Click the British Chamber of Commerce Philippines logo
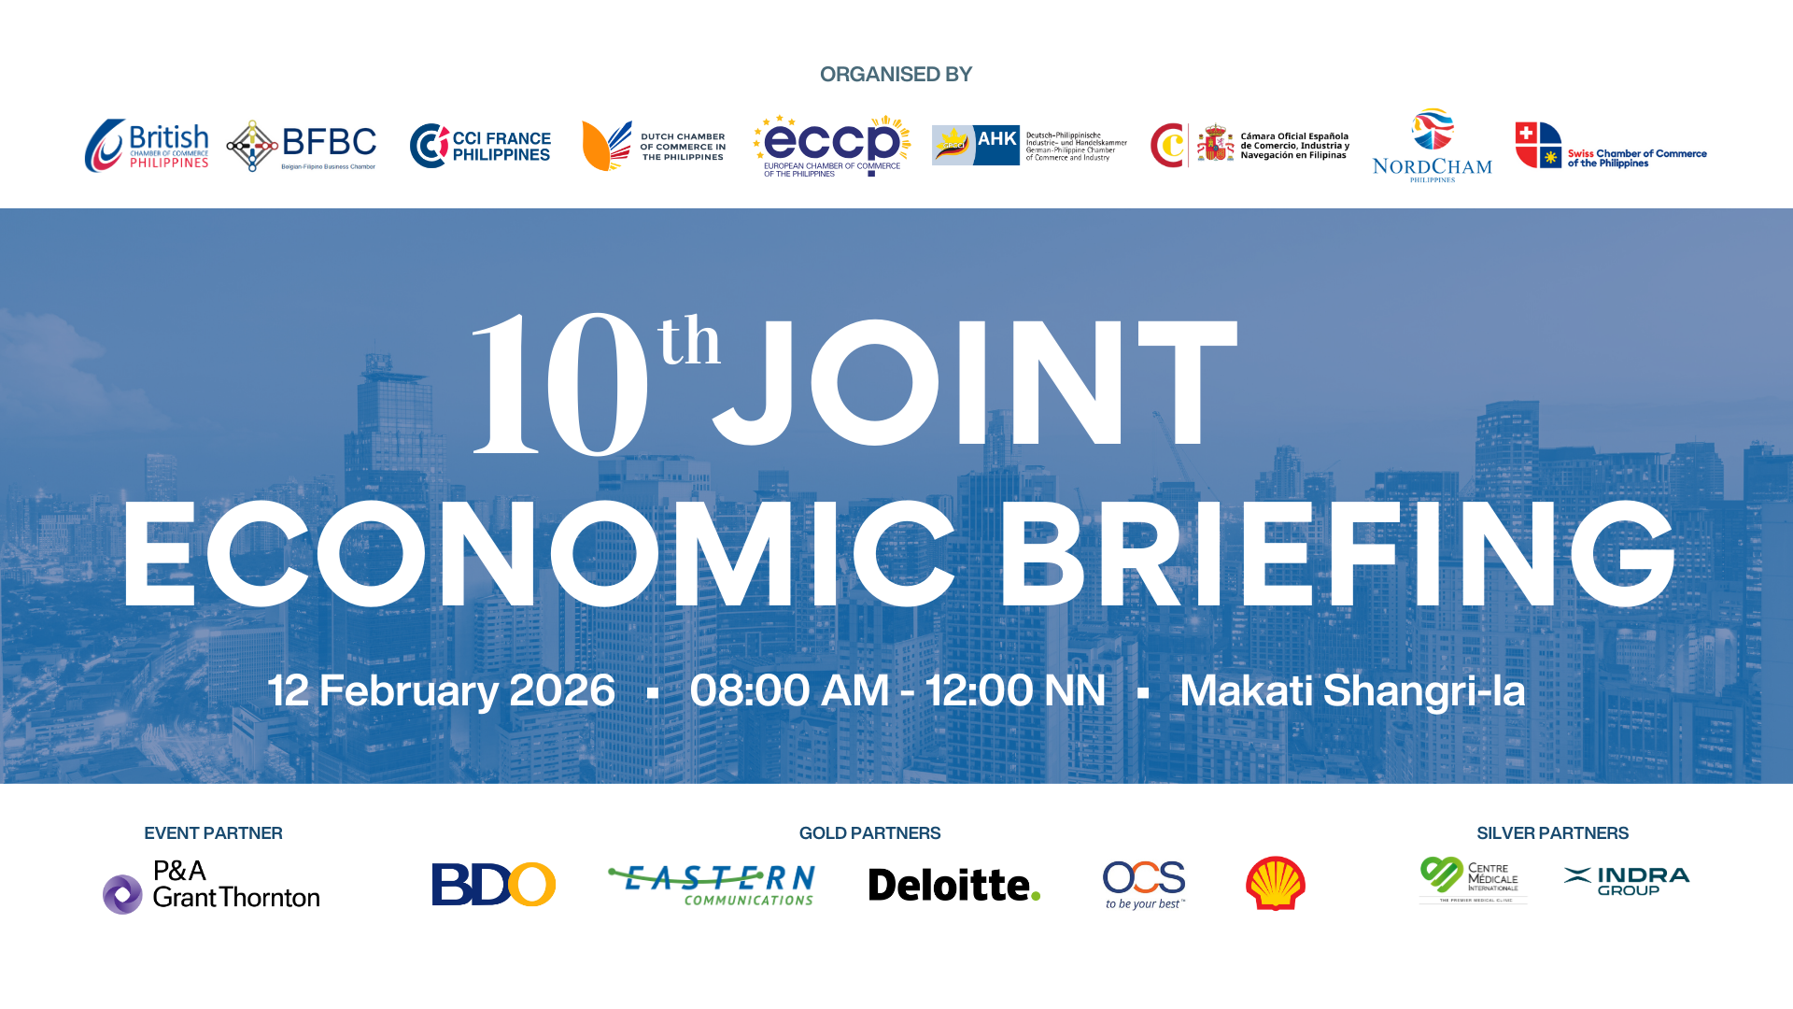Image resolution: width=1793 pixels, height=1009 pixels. point(147,146)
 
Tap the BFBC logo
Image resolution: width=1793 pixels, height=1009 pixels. point(302,146)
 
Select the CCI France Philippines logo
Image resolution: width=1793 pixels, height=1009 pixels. point(480,146)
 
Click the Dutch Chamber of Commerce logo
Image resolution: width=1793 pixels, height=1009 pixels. point(654,146)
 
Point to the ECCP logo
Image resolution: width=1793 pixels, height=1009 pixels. point(831,146)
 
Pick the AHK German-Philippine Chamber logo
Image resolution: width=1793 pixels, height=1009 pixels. point(1029,146)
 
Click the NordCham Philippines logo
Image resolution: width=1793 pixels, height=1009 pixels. point(1432,146)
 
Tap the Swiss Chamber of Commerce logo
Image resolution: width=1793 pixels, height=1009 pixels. point(1610,147)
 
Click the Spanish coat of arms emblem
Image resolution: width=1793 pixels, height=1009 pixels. point(1215,144)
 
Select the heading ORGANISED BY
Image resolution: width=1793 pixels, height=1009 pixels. point(896,75)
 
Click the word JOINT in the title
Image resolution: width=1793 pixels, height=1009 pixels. point(976,383)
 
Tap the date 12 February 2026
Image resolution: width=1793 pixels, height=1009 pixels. point(442,691)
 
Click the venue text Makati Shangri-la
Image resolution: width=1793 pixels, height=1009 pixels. point(1352,691)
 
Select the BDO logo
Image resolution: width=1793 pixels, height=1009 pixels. point(493,884)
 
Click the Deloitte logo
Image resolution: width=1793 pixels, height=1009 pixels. point(953,885)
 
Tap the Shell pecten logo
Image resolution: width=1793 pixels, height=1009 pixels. point(1275,883)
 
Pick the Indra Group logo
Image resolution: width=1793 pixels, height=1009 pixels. point(1627,880)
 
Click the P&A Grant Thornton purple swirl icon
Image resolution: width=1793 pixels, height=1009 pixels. point(122,894)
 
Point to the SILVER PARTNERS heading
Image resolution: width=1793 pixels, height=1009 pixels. point(1552,833)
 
